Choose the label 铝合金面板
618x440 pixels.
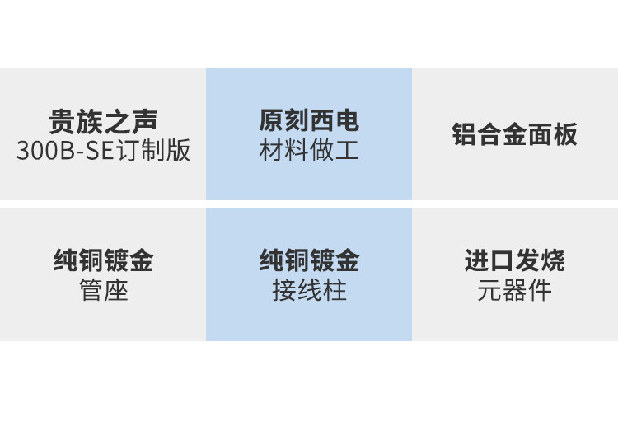(515, 134)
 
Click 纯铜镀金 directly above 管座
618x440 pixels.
(103, 261)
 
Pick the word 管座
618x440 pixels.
(103, 291)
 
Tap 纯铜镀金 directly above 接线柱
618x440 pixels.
(309, 261)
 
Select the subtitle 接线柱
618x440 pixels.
(309, 291)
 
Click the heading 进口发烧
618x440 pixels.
(515, 261)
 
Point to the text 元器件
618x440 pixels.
(515, 291)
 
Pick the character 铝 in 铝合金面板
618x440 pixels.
(465, 134)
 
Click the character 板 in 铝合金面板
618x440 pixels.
(565, 134)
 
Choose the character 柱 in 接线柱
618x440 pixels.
(335, 291)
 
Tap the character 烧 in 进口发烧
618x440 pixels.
(553, 261)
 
